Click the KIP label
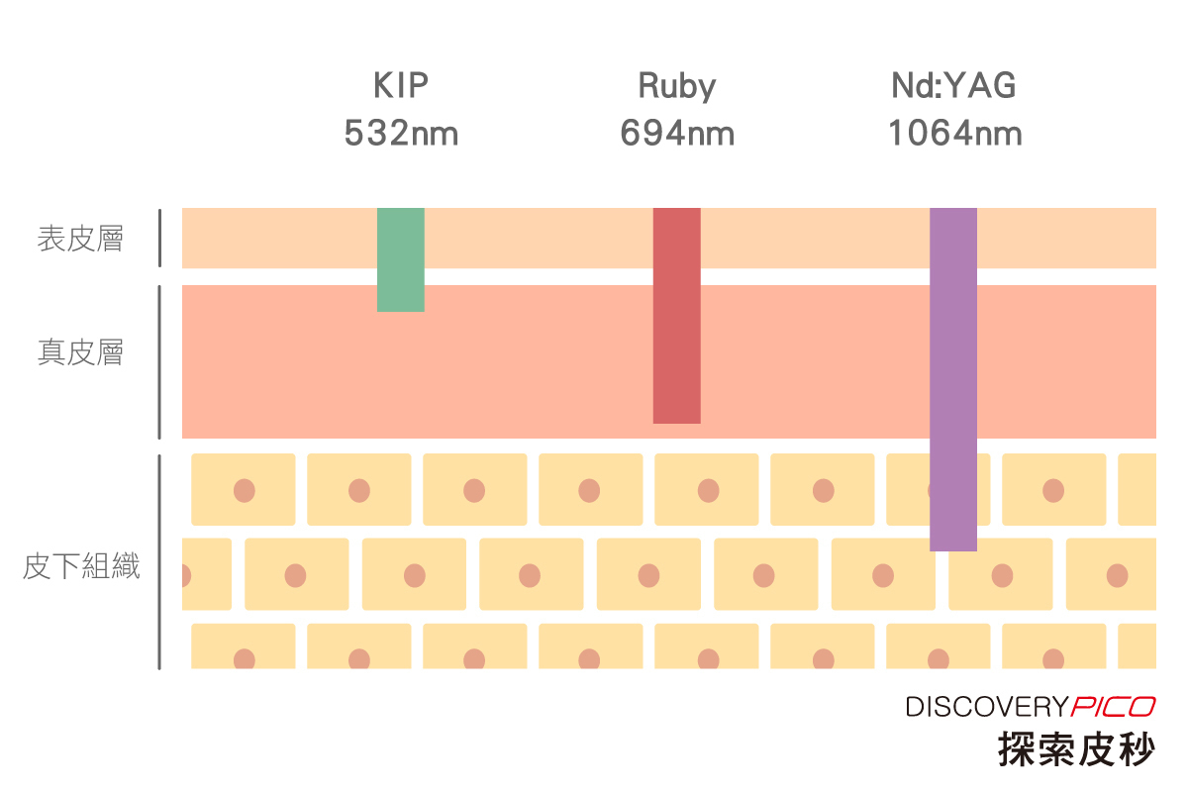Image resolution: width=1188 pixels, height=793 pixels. (401, 86)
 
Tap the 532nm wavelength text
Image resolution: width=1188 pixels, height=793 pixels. (401, 133)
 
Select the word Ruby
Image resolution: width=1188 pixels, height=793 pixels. (676, 86)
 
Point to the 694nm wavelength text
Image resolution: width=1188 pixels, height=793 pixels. (677, 133)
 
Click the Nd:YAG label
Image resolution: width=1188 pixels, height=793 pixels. (953, 86)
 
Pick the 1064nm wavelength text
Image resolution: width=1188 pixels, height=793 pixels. (954, 133)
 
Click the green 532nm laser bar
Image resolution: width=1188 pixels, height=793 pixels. (401, 259)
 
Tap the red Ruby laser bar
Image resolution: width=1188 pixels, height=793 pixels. (677, 315)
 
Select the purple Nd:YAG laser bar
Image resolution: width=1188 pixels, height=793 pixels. (953, 378)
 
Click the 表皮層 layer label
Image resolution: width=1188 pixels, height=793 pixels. (80, 239)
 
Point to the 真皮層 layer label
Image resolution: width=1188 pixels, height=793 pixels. (80, 352)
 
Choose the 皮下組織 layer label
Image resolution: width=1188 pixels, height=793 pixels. (80, 567)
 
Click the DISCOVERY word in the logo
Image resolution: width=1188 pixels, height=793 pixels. (986, 707)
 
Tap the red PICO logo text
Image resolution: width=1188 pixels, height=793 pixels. (1113, 707)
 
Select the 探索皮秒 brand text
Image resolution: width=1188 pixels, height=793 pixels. (1076, 748)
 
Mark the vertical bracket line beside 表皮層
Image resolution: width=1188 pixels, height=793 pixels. (159, 238)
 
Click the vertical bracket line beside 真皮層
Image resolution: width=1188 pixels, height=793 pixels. (159, 361)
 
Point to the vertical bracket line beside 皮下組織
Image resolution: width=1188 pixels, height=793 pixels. (159, 561)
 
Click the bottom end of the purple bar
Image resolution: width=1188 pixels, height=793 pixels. (953, 547)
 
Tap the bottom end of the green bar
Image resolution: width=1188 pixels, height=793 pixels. (401, 308)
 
